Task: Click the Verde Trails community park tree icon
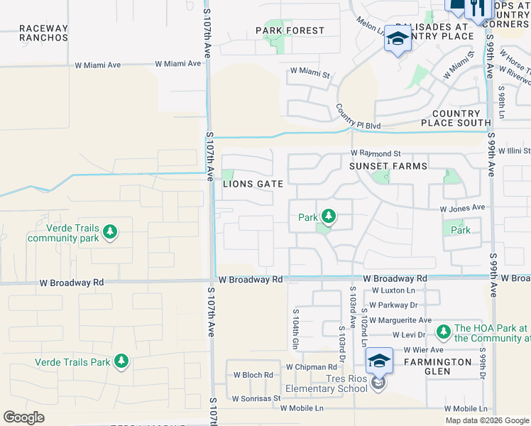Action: tap(109, 231)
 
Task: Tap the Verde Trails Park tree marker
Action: tap(121, 361)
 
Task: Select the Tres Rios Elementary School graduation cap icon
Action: tap(380, 361)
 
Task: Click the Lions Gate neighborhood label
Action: tap(253, 184)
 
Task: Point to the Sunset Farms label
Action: tap(388, 166)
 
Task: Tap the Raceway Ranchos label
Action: tap(44, 33)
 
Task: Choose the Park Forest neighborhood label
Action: tap(290, 31)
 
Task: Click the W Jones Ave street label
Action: tap(461, 208)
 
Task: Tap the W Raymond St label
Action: tap(376, 153)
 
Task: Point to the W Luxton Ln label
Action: tap(394, 290)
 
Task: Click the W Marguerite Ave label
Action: tap(400, 320)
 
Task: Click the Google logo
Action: tap(24, 417)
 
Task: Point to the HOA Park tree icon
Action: tap(444, 331)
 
